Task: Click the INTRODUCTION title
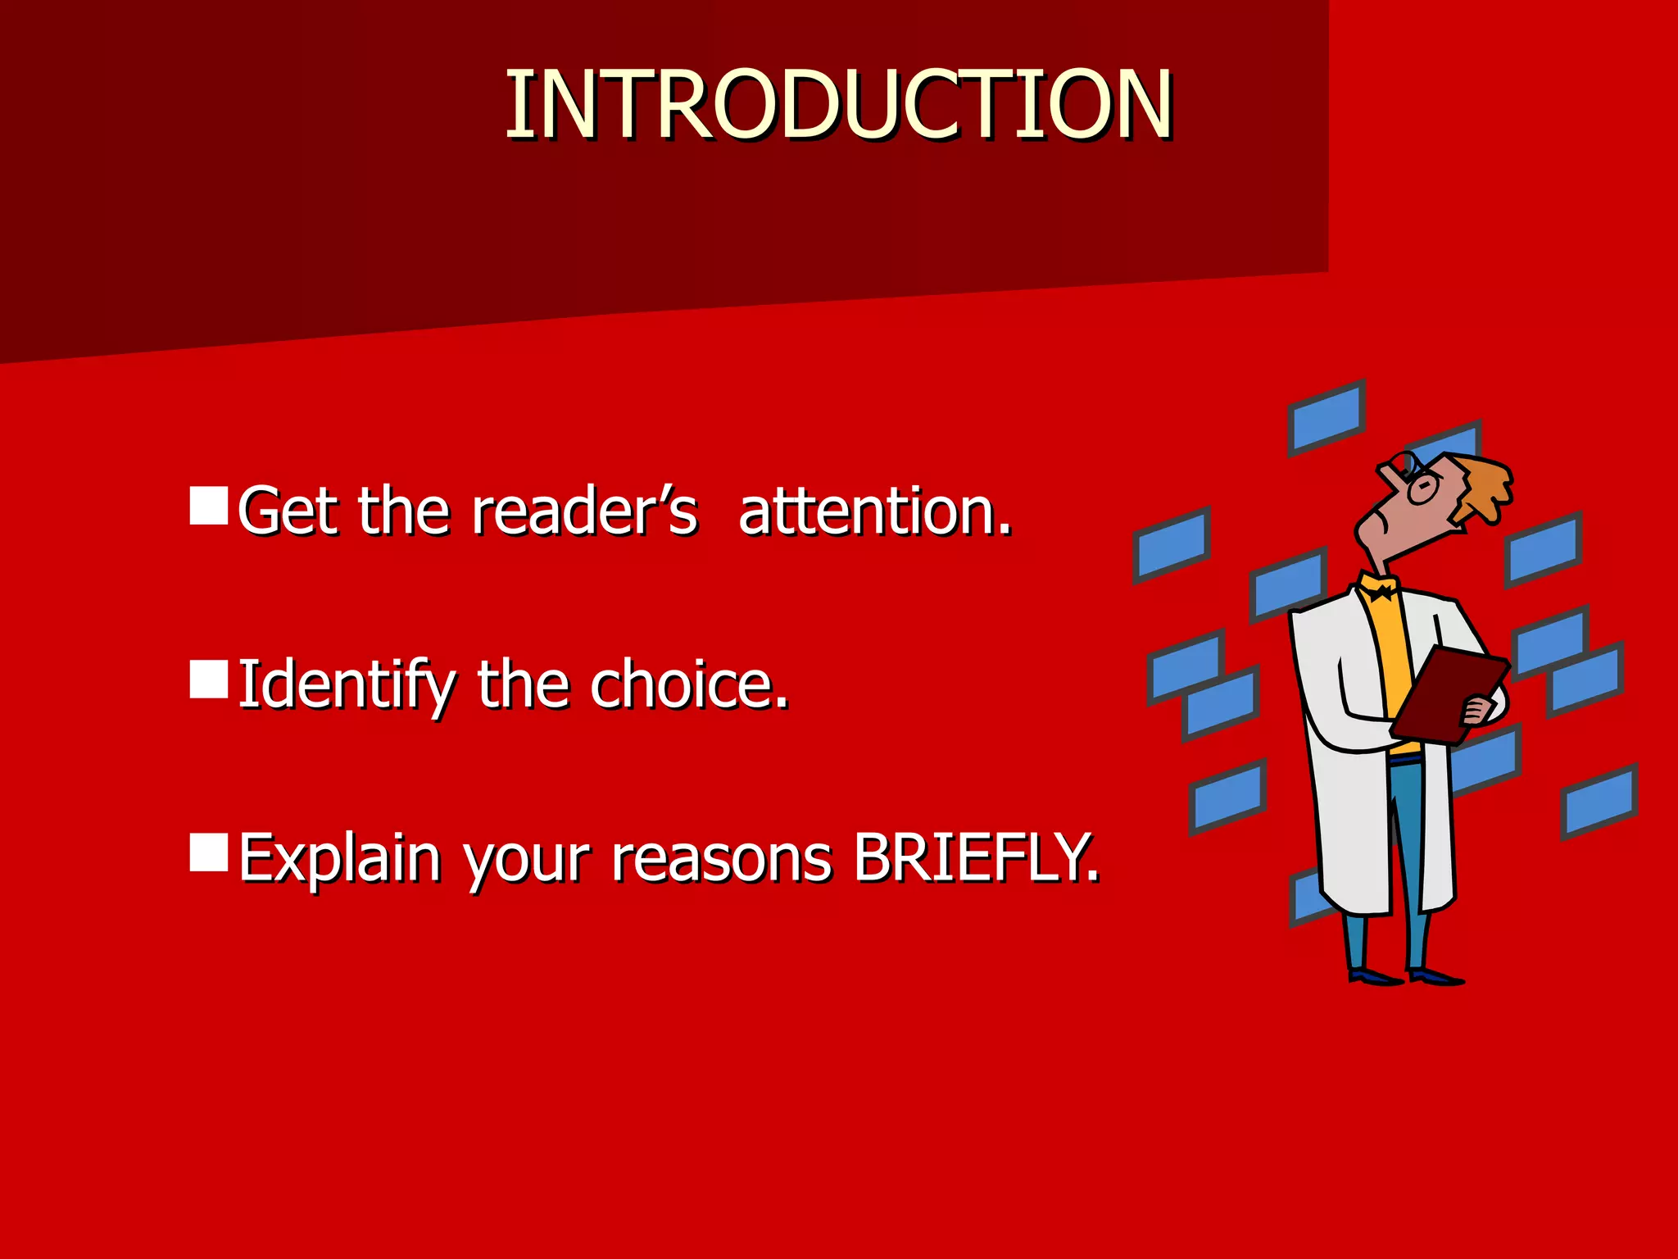tap(838, 105)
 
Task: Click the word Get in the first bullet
tap(291, 511)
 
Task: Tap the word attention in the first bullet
tap(874, 511)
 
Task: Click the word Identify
tap(344, 685)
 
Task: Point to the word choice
tap(688, 685)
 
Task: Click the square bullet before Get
tap(208, 506)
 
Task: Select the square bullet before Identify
tap(208, 679)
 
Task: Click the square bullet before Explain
tap(208, 853)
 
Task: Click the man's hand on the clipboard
tap(1479, 710)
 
